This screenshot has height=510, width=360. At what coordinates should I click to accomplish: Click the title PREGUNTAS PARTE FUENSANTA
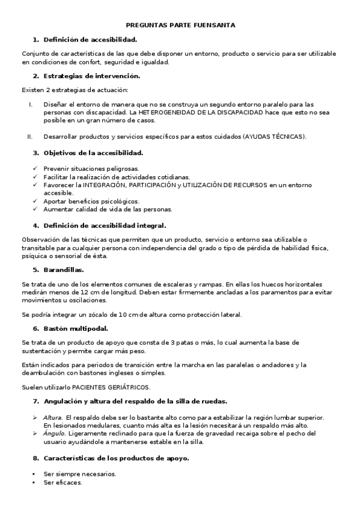180,25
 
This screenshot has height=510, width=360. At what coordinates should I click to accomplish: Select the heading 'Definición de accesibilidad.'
90,40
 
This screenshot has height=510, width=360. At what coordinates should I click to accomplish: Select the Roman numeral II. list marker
30,137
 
